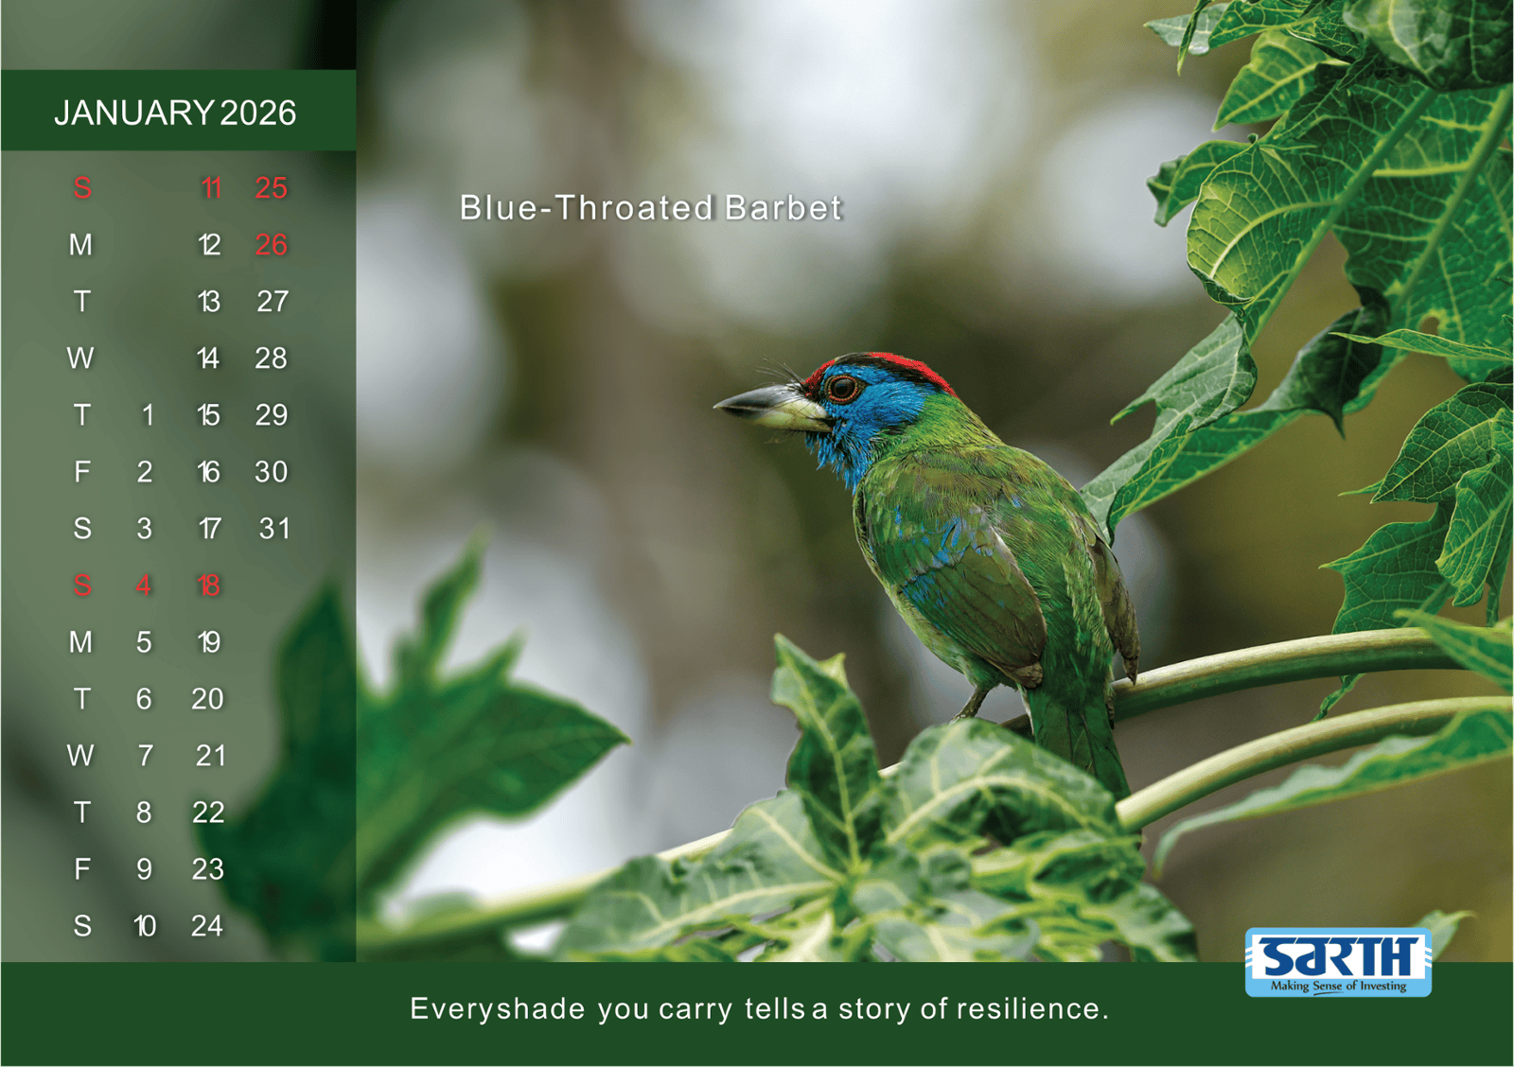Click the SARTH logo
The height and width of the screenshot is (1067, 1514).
pyautogui.click(x=1338, y=962)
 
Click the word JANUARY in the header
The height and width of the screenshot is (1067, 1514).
pyautogui.click(x=133, y=113)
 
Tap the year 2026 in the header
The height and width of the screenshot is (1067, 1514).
pyautogui.click(x=257, y=113)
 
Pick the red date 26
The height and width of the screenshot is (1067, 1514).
pyautogui.click(x=271, y=245)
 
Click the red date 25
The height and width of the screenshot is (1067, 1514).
pyautogui.click(x=271, y=188)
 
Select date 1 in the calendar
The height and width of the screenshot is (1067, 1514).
pyautogui.click(x=147, y=415)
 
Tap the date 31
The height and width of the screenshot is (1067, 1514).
pyautogui.click(x=273, y=529)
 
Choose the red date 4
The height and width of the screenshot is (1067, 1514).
pyautogui.click(x=143, y=586)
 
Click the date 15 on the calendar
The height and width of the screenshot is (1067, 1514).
pyautogui.click(x=208, y=415)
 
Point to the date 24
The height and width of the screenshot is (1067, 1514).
pyautogui.click(x=207, y=926)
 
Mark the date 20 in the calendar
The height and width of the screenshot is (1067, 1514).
pyautogui.click(x=207, y=699)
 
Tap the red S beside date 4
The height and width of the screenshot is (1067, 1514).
pyautogui.click(x=81, y=586)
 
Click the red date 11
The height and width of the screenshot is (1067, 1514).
pyautogui.click(x=211, y=188)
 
